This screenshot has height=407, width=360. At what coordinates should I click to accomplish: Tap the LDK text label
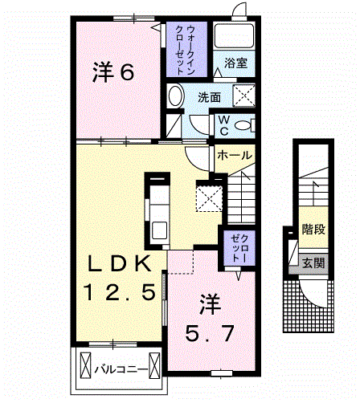tap(118, 263)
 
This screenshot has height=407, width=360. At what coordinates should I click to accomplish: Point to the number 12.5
tap(117, 293)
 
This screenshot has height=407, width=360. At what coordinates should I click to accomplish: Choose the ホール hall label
tap(235, 155)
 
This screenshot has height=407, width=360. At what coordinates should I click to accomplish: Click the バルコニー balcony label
tap(120, 370)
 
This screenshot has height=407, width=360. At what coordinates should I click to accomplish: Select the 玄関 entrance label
tap(313, 263)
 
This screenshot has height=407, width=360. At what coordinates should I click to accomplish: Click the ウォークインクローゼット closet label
tap(190, 50)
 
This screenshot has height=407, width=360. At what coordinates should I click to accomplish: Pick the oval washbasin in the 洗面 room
tap(176, 97)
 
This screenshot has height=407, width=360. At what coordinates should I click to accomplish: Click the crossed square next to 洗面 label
tap(245, 96)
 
